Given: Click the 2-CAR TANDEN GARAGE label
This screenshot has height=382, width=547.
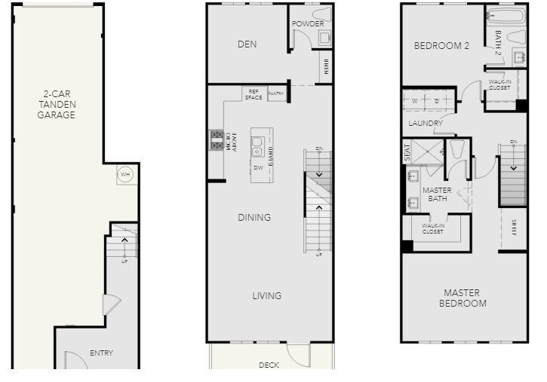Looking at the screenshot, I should (57, 105).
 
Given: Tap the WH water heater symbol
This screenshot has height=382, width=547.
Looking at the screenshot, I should (124, 175).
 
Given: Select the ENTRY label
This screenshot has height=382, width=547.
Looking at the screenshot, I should (101, 353).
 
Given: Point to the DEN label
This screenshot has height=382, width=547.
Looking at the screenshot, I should (247, 44).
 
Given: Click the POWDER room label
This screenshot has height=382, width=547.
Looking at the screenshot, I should (308, 23).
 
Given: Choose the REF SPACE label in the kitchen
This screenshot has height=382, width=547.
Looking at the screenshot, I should (254, 94).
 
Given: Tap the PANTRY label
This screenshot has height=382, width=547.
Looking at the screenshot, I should (276, 94).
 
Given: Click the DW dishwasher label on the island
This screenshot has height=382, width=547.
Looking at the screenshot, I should (258, 167).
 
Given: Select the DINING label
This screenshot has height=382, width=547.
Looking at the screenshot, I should (254, 218).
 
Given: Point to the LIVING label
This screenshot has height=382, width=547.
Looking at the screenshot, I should (266, 296).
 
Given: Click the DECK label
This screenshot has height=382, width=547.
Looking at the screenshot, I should (269, 365).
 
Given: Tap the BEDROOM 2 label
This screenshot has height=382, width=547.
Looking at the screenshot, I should (442, 46).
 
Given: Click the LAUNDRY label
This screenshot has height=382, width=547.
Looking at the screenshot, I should (426, 123).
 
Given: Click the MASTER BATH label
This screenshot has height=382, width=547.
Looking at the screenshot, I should (437, 194).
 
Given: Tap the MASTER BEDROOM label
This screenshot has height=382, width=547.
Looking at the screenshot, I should (465, 298).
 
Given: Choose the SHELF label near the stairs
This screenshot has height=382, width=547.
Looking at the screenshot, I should (514, 228).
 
